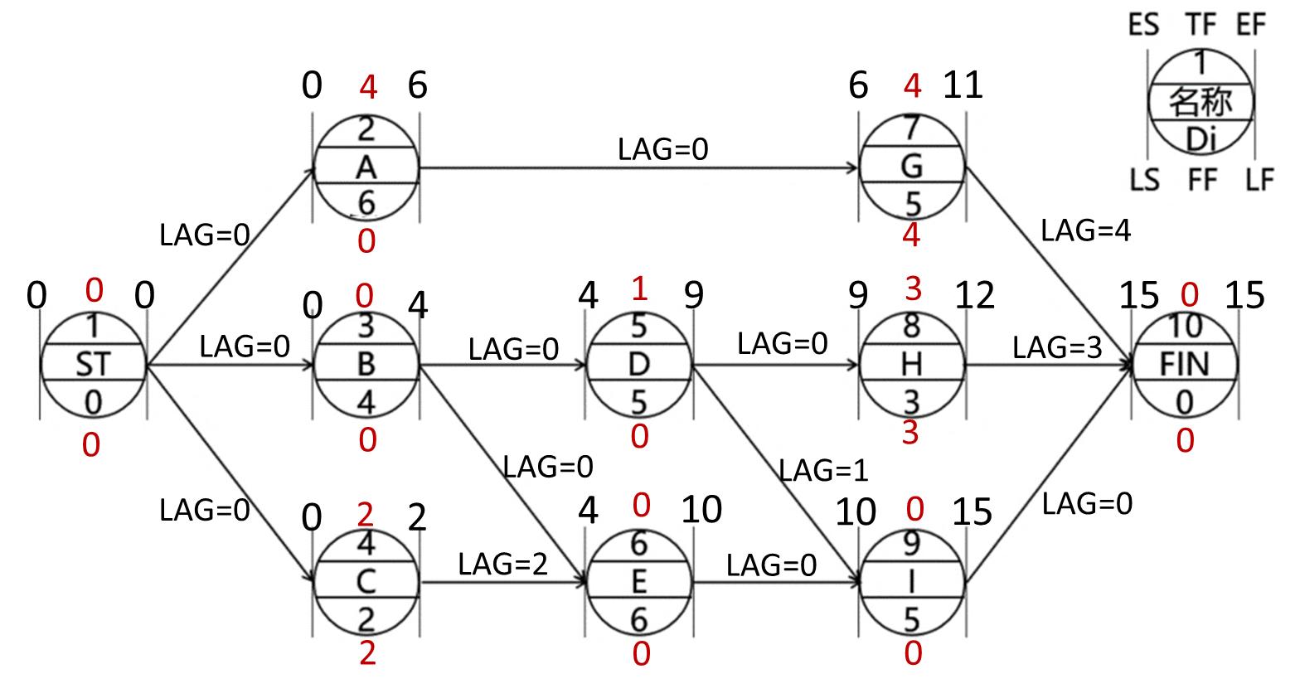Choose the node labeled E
(638, 581)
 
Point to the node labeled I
(911, 581)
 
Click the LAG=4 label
(1085, 231)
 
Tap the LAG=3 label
(1057, 348)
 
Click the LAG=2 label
(503, 565)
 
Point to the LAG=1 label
(823, 471)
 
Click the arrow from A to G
(638, 168)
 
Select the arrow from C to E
(503, 582)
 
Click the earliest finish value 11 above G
(963, 85)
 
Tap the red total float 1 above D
(638, 289)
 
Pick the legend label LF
(1259, 179)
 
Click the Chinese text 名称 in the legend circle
(1200, 103)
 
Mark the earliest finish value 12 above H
(974, 295)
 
